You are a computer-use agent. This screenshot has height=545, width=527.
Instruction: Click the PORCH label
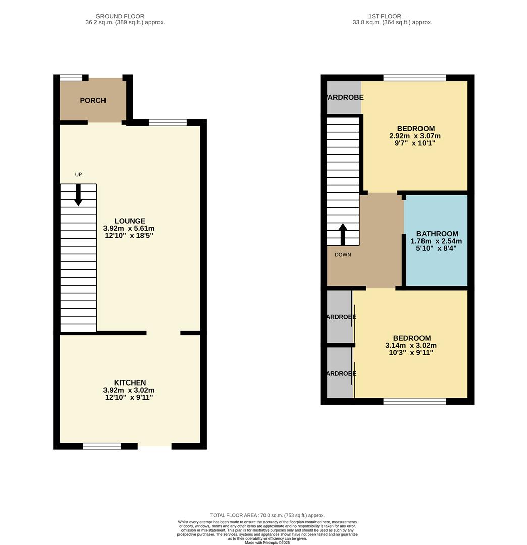click(93, 100)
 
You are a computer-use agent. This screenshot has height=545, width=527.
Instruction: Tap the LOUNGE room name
click(130, 221)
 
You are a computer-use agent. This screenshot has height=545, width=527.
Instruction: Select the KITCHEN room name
click(130, 383)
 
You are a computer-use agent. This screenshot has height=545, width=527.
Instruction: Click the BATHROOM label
click(437, 234)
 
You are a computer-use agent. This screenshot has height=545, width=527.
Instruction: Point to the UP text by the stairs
click(78, 175)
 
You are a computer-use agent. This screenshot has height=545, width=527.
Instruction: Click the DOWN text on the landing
click(343, 255)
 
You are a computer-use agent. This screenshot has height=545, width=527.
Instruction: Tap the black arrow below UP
click(78, 195)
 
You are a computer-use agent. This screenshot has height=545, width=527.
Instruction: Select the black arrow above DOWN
click(343, 234)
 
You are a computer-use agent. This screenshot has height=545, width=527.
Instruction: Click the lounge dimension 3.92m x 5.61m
click(129, 228)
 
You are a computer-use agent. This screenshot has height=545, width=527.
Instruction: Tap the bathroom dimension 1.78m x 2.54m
click(436, 241)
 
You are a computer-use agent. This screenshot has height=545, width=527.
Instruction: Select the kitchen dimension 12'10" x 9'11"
click(128, 398)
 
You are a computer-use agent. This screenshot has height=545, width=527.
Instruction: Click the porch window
click(71, 78)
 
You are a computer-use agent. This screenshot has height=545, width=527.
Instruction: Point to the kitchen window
click(102, 446)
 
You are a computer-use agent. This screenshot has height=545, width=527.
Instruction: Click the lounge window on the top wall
click(168, 122)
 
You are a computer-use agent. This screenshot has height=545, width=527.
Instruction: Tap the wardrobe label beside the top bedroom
click(344, 97)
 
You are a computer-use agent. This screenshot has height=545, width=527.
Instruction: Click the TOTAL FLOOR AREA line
click(268, 515)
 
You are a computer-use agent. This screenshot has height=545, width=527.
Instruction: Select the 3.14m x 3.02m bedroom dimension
click(411, 346)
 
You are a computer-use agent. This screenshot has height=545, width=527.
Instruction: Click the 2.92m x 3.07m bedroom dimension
click(415, 136)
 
